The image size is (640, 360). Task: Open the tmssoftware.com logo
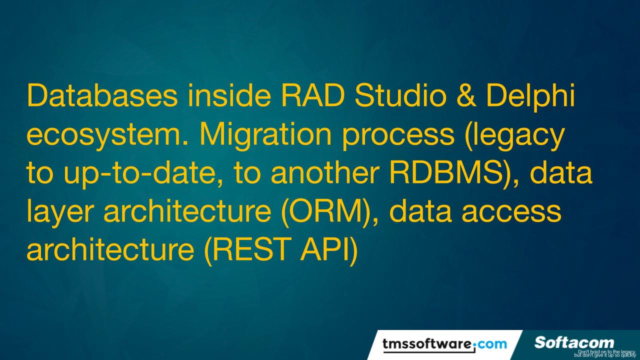(x=444, y=344)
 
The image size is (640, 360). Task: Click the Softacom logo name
(x=574, y=342)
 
